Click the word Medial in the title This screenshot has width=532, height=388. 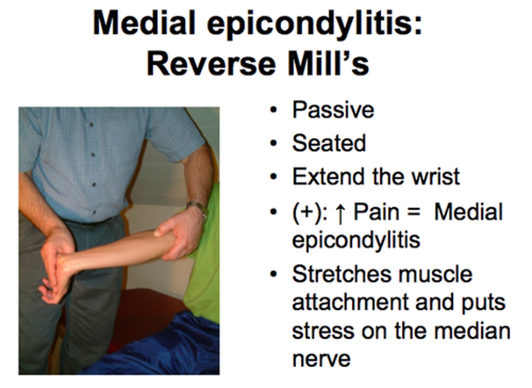coord(144,23)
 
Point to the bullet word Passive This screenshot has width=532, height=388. coord(333,110)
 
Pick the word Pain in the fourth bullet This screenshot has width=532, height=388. coord(376,212)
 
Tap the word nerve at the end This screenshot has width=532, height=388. coord(321,358)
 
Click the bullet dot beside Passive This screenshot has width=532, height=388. coord(273,110)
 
